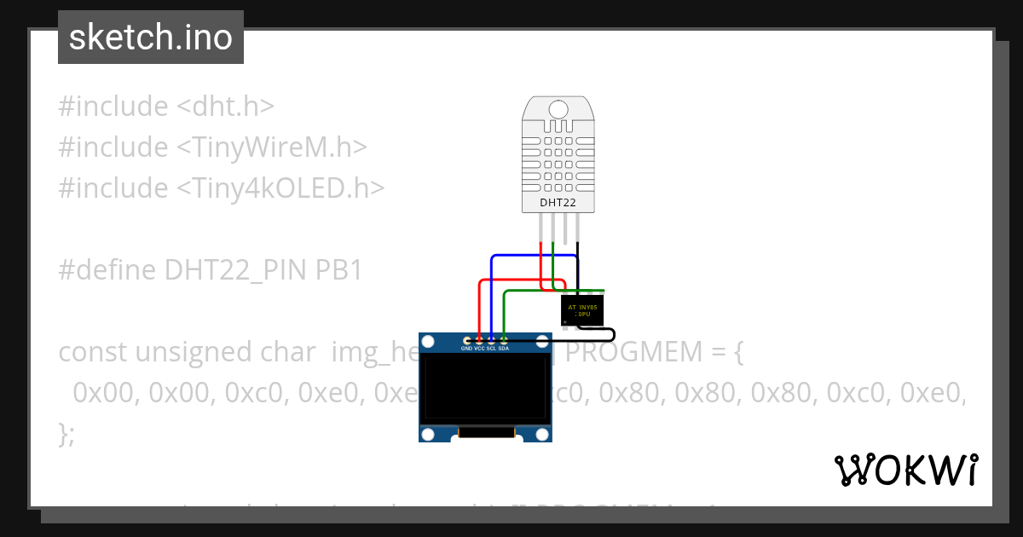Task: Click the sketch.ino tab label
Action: pos(150,38)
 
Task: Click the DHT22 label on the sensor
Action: pos(558,203)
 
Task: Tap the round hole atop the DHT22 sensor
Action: pos(558,109)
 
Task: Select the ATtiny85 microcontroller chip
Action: pos(582,310)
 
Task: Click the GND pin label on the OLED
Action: pos(466,349)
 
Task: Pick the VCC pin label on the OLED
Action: pos(479,349)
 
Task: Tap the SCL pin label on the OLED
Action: pos(491,349)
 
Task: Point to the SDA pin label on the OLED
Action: pos(504,349)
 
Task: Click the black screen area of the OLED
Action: pos(485,390)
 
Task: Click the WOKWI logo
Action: pos(905,470)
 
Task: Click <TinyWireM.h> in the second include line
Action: pos(272,147)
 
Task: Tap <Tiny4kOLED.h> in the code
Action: pos(280,188)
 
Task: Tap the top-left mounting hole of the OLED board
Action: pos(429,343)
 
